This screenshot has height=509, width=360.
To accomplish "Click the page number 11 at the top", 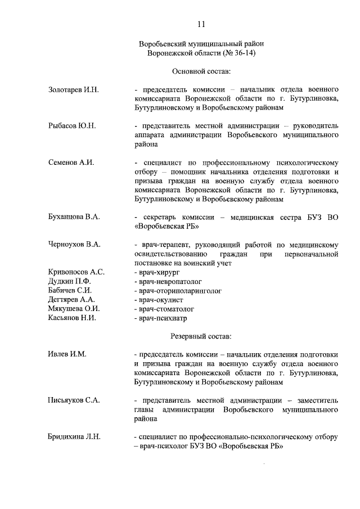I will (x=201, y=23).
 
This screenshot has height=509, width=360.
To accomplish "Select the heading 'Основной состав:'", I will (x=201, y=71).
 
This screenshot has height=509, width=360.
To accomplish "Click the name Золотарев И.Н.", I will (x=73, y=89).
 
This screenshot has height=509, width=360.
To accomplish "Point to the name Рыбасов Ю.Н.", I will (x=72, y=125).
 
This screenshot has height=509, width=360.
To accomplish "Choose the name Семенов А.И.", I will (x=71, y=163).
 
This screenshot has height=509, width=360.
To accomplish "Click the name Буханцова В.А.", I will (x=74, y=217).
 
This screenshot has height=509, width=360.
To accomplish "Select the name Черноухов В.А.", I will (x=74, y=244).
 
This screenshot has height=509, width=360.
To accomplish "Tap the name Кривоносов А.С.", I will (x=76, y=272).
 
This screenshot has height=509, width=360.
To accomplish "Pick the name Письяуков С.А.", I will (x=74, y=400).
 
